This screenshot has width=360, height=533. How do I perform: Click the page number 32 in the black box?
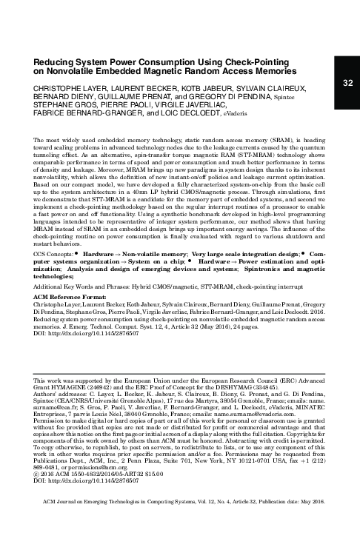coord(347,83)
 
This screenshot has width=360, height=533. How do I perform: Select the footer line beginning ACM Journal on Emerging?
coord(185,520)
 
